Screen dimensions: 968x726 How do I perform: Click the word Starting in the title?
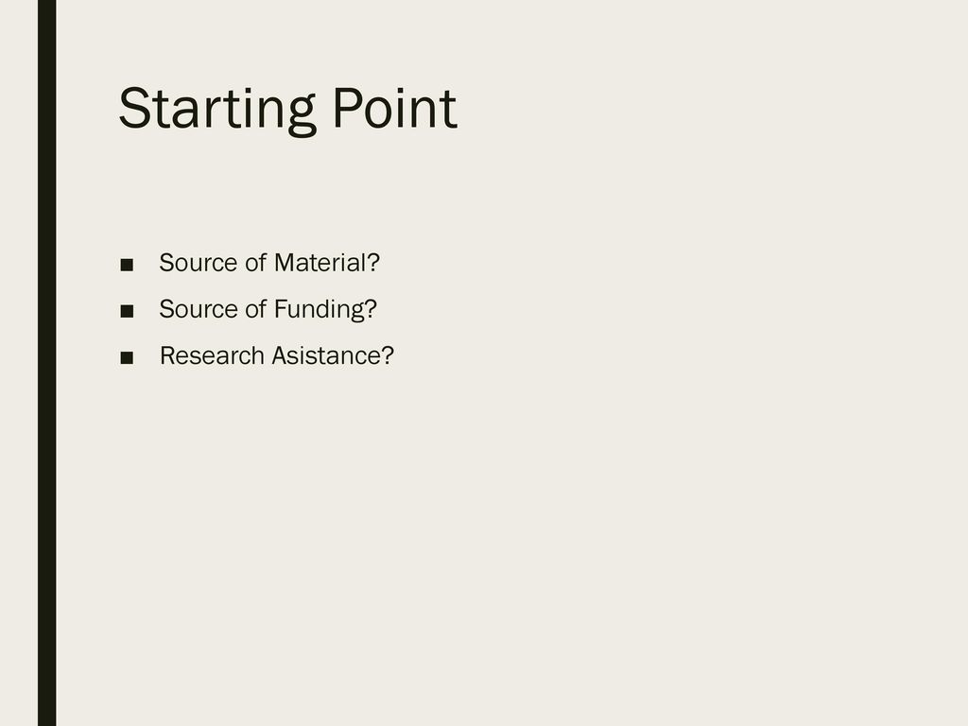pos(217,110)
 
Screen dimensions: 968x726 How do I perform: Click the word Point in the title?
pos(395,108)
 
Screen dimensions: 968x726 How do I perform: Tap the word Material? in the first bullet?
pos(326,263)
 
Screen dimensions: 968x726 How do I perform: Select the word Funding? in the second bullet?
pos(325,309)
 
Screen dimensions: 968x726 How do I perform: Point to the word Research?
pos(212,355)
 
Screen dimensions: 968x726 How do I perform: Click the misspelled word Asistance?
pos(333,355)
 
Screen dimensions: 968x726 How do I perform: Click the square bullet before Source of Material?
pos(127,265)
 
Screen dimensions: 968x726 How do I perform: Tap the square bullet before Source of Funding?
pos(127,311)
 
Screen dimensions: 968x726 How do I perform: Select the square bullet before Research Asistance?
pos(127,357)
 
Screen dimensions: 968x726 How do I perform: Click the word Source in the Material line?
pos(199,263)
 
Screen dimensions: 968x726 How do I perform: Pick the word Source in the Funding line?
pos(199,309)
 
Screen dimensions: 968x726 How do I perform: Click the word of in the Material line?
pos(255,263)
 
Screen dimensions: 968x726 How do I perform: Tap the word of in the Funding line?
pos(255,309)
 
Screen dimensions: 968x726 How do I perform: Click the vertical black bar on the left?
pos(47,363)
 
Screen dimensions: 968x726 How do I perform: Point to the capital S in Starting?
pos(134,109)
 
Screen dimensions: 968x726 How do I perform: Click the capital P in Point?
pos(347,108)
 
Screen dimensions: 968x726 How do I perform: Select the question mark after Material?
pos(372,263)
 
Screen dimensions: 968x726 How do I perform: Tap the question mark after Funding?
pos(371,309)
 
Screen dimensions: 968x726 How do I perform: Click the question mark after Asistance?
pos(387,355)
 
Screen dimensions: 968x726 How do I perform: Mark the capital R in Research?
pos(168,355)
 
